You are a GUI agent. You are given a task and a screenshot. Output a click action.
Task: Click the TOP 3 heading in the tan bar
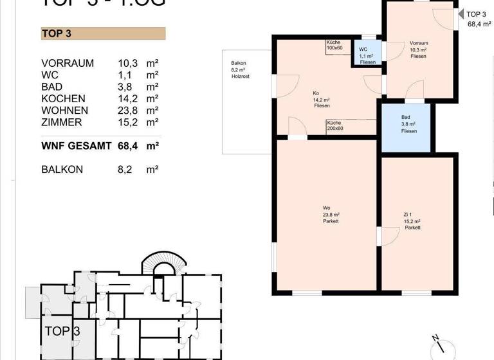click(56, 34)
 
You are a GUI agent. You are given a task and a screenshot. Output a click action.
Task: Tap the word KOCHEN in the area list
click(63, 99)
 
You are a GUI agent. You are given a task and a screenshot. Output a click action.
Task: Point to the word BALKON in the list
click(63, 170)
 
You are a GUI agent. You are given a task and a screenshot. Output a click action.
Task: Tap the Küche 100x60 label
click(334, 45)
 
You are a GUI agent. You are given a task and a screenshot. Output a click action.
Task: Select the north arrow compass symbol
click(441, 343)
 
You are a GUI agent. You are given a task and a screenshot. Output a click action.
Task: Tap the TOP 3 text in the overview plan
click(62, 332)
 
